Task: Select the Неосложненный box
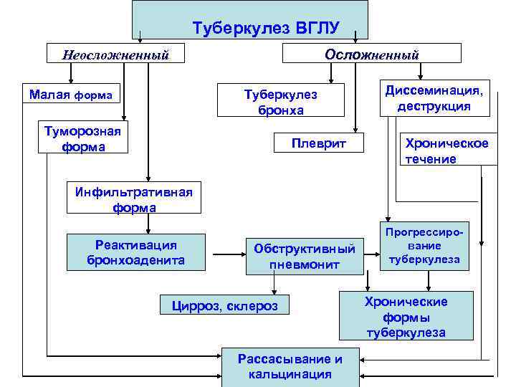[115, 54]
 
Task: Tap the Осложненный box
[372, 54]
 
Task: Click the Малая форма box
[71, 95]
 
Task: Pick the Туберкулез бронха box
[280, 102]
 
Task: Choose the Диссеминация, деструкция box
[434, 98]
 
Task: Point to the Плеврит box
[318, 143]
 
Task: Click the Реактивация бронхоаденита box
[135, 252]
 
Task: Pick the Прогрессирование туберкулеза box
[424, 248]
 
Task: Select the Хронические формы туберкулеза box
[406, 316]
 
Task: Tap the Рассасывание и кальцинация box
[290, 366]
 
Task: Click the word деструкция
[434, 106]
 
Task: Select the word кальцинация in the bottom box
[290, 374]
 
